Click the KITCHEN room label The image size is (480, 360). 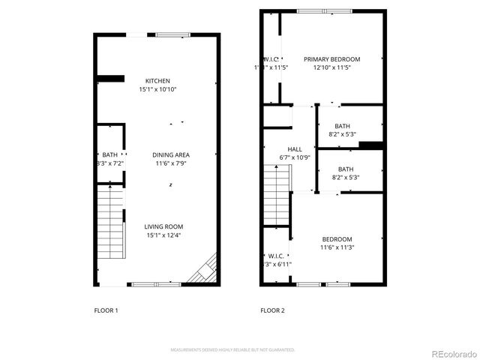coord(157,81)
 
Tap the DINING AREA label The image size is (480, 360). coord(172,154)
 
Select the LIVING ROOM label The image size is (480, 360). coord(163,226)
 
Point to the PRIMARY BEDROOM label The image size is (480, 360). coord(331,59)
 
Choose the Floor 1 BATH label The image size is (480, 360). coord(110,154)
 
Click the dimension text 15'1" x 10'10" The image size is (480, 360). coord(157,89)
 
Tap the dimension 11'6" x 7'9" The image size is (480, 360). coord(172,163)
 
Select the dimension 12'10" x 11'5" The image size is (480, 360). coord(331,67)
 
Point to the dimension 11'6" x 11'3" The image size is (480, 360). coord(337,247)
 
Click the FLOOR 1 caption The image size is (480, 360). coord(106,310)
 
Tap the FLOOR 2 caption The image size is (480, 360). coord(272,310)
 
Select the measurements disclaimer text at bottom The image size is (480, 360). coord(232,349)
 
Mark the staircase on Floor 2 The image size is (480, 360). coord(277,194)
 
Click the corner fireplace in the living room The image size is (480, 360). coord(202,269)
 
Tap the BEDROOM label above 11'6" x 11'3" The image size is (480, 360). coord(337,238)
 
